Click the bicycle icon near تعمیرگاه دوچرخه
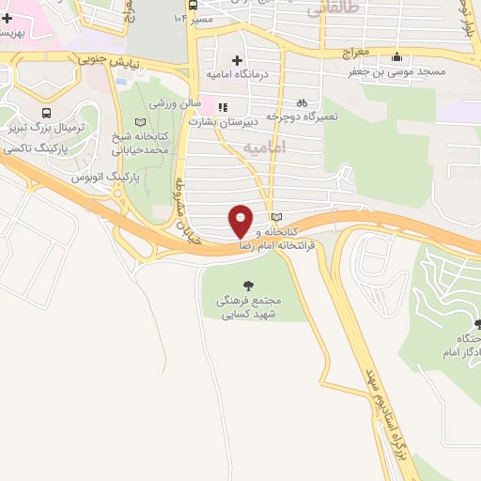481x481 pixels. click(x=301, y=102)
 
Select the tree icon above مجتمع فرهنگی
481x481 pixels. click(x=248, y=284)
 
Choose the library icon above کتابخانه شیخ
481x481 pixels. click(x=140, y=122)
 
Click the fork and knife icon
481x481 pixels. click(x=223, y=107)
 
